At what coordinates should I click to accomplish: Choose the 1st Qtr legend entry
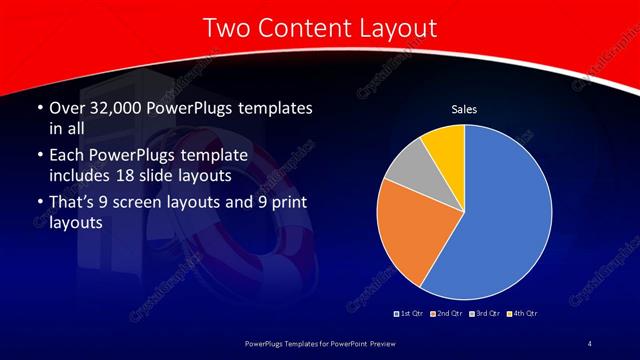409,314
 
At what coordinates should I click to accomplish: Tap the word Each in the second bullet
65,157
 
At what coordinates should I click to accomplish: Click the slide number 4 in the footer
590,344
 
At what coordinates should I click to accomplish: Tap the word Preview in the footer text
395,344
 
